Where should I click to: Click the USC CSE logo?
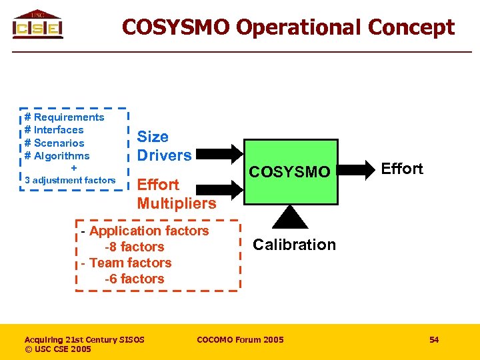pos(37,25)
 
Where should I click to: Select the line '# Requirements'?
pos(64,117)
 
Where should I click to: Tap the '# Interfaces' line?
pos(54,130)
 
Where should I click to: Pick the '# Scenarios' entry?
pos(54,143)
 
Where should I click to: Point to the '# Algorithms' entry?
pos(57,155)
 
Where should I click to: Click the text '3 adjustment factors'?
pos(70,180)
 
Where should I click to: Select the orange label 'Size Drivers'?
pos(164,146)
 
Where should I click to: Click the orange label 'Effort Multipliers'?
pos(177,194)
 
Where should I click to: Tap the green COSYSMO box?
pos(289,172)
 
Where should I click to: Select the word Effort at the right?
pos(402,169)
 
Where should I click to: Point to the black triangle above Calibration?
pos(289,217)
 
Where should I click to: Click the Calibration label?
pos(294,245)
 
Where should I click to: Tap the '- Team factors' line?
pos(126,263)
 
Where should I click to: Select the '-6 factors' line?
pos(134,279)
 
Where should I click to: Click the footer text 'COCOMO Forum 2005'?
pos(240,340)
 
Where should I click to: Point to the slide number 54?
pos(434,340)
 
